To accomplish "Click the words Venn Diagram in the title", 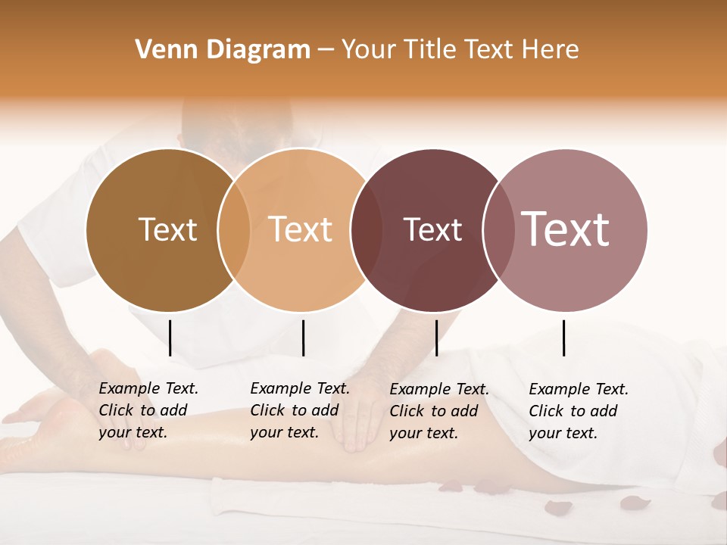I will [223, 50].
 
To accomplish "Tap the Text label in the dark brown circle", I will [167, 230].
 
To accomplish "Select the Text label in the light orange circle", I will [301, 229].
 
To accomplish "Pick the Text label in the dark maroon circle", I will [432, 230].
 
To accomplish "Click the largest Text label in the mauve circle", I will [566, 229].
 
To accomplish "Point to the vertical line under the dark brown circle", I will [170, 338].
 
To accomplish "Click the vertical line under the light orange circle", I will [303, 338].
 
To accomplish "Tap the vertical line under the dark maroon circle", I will [436, 338].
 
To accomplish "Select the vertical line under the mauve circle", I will [564, 338].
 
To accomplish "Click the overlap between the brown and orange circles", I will [234, 230].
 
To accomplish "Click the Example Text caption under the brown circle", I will [148, 410].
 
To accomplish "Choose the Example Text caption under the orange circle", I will [300, 410].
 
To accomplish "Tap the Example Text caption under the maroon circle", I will [439, 411].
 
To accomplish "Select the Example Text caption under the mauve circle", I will [579, 411].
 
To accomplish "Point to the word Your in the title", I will [368, 50].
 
